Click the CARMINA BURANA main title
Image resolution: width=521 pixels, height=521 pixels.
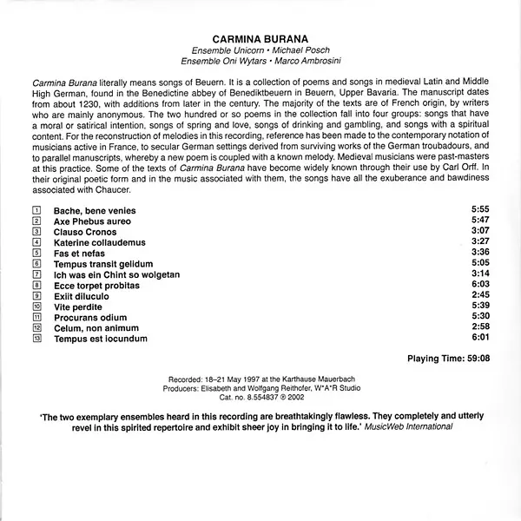pos(260,38)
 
